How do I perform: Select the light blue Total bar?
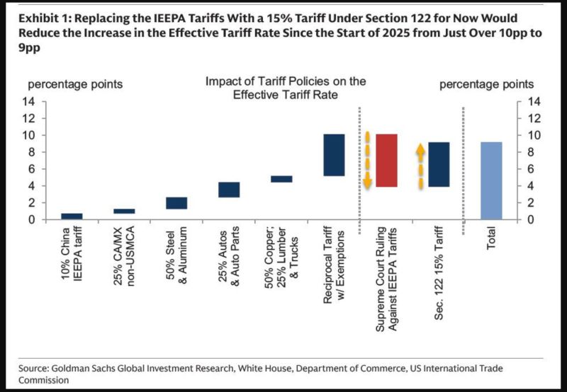pos(491,180)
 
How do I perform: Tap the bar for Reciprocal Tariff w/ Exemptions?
pos(334,155)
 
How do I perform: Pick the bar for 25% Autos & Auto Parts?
pos(229,190)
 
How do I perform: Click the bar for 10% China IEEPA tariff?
pos(72,216)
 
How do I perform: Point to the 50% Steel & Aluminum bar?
pos(176,203)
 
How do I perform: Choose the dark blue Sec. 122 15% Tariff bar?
pos(439,164)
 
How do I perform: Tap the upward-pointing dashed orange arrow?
pos(420,166)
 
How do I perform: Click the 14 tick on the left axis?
pos(48,101)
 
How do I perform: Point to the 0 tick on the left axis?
pos(51,219)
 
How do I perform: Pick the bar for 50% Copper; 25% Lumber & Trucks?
pos(281,179)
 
